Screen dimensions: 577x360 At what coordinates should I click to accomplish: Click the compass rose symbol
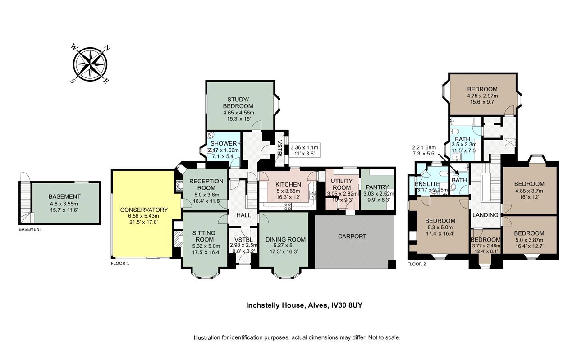pyautogui.click(x=90, y=64)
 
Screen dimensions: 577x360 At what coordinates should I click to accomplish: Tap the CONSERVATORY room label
pyautogui.click(x=144, y=210)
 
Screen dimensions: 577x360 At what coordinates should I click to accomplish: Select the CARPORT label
pyautogui.click(x=352, y=237)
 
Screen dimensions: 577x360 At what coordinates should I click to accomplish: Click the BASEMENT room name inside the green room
pyautogui.click(x=64, y=197)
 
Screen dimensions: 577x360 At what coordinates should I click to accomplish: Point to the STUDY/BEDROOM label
pyautogui.click(x=238, y=103)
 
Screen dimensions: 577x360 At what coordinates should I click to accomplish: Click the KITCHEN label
pyautogui.click(x=288, y=184)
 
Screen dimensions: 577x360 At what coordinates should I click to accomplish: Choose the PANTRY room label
pyautogui.click(x=377, y=187)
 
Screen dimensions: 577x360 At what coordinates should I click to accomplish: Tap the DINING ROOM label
pyautogui.click(x=285, y=240)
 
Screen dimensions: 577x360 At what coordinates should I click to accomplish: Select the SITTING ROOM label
pyautogui.click(x=204, y=236)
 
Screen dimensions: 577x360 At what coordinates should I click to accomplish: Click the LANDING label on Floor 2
pyautogui.click(x=485, y=215)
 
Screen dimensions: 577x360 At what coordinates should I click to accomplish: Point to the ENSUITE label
pyautogui.click(x=427, y=184)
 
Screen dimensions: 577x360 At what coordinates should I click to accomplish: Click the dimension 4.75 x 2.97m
pyautogui.click(x=482, y=96)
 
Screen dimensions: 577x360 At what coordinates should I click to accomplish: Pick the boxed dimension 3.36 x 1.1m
pyautogui.click(x=304, y=147)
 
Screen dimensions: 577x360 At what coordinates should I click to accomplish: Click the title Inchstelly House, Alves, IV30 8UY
pyautogui.click(x=304, y=305)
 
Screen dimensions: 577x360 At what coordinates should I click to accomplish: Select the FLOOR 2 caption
pyautogui.click(x=417, y=264)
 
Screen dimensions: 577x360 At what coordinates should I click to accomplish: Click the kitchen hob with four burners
pyautogui.click(x=288, y=206)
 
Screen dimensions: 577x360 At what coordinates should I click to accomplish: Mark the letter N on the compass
pyautogui.click(x=107, y=48)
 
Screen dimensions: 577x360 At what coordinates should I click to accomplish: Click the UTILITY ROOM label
pyautogui.click(x=342, y=184)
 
